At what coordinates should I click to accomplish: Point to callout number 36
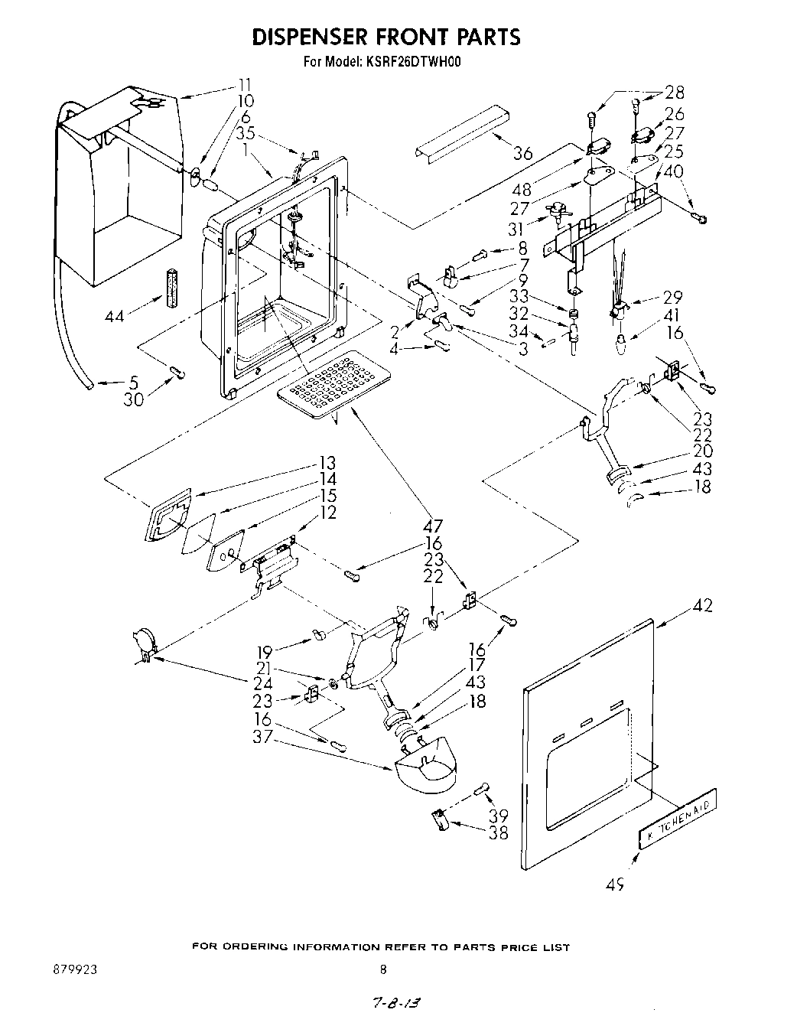coord(522,153)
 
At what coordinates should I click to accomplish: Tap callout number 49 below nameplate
coord(616,885)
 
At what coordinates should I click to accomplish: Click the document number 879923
coord(74,969)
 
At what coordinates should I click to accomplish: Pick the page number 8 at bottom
coord(384,969)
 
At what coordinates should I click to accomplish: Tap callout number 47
coord(433,526)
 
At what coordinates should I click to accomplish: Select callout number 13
coord(327,464)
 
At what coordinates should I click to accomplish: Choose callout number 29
coord(672,298)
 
